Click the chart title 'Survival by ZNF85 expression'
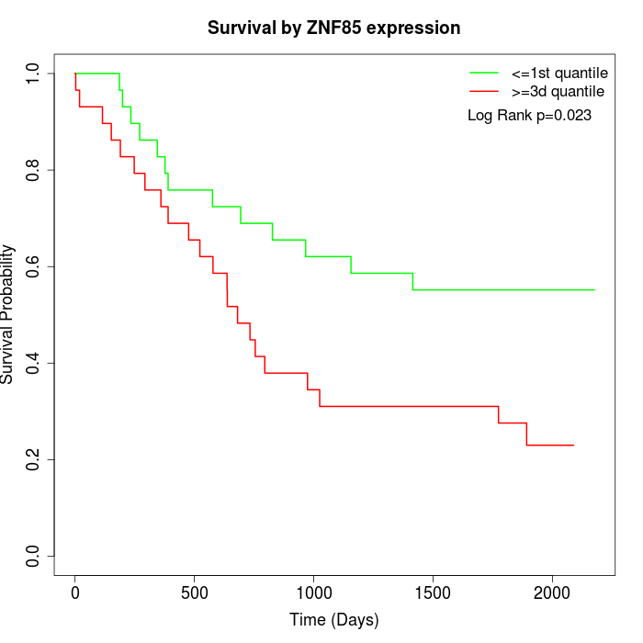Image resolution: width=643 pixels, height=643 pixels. [x=333, y=28]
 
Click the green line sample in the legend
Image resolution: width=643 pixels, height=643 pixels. [x=484, y=73]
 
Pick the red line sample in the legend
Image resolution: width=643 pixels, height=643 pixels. [x=484, y=92]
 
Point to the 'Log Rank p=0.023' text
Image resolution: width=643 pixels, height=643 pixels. [x=529, y=116]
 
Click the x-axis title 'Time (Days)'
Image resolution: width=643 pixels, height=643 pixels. [x=333, y=620]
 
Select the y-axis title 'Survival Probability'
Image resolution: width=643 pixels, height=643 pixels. [x=8, y=314]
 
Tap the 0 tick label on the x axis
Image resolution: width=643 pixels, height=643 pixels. [x=75, y=592]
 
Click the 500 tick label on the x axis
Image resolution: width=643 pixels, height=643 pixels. [x=195, y=592]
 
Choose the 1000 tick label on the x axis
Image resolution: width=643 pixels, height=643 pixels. [x=313, y=592]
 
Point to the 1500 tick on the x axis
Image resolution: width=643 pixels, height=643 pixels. [x=433, y=592]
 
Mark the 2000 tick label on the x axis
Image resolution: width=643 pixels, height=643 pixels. [x=552, y=592]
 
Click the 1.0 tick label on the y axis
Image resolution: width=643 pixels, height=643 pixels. [x=34, y=73]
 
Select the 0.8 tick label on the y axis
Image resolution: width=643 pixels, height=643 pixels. [x=34, y=170]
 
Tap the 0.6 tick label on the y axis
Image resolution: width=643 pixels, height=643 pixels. [x=34, y=266]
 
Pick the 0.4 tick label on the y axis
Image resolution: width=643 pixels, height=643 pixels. [x=34, y=363]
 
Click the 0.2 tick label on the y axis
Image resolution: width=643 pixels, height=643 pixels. [x=34, y=459]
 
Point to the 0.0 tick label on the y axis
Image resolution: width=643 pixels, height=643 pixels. [x=34, y=556]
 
